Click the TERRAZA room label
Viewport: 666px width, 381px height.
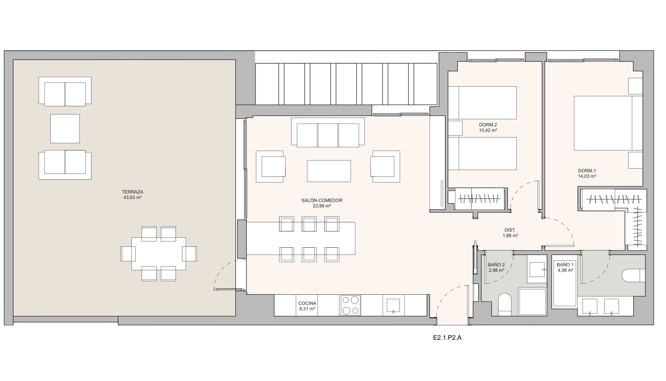(x=132, y=192)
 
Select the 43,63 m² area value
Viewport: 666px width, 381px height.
(x=132, y=197)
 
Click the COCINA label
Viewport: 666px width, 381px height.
(x=307, y=303)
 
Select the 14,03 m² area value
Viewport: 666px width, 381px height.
(x=587, y=176)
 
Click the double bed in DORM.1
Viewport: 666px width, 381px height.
(x=608, y=123)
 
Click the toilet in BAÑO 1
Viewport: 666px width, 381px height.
(x=633, y=276)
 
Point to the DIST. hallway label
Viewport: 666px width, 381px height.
(x=510, y=230)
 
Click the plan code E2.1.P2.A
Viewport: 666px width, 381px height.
(x=447, y=337)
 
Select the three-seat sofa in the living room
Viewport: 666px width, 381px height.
(x=327, y=133)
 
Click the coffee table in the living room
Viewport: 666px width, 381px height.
(x=329, y=171)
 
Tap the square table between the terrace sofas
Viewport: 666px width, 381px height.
(x=65, y=129)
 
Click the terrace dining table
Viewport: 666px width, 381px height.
(x=159, y=254)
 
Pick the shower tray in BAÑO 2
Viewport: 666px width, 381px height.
(x=533, y=301)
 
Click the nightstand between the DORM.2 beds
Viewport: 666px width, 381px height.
(x=456, y=128)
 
